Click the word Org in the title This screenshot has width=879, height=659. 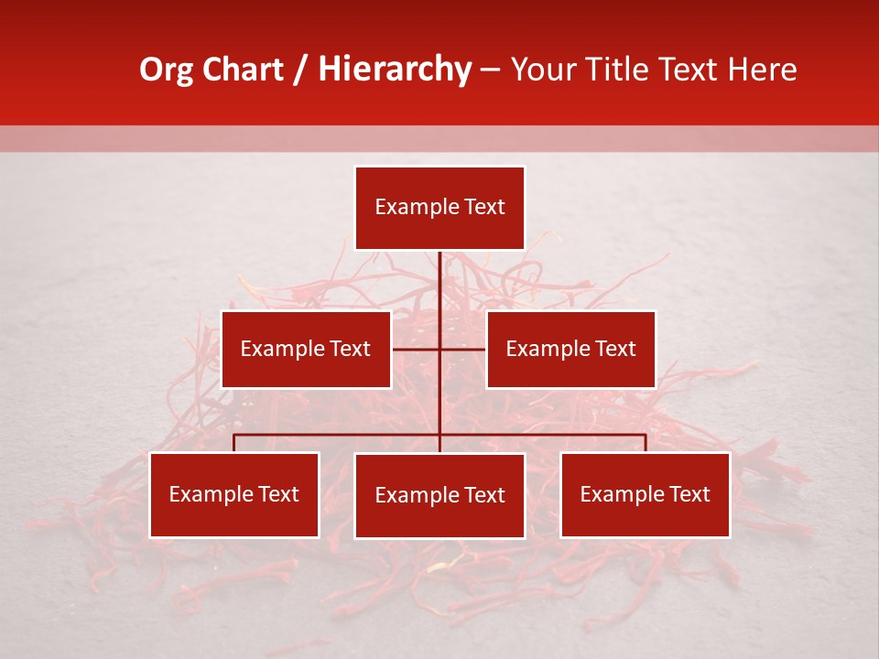(x=166, y=70)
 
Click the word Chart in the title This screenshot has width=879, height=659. (x=243, y=70)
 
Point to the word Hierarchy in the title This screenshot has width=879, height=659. (x=395, y=70)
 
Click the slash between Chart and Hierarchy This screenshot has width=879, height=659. (x=300, y=70)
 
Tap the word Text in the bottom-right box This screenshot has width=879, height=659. (x=688, y=494)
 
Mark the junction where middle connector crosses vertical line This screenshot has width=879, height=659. (x=439, y=349)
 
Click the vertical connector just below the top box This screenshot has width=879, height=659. (x=439, y=275)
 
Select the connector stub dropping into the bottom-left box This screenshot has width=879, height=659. (x=234, y=443)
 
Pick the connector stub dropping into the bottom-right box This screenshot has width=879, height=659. (x=646, y=443)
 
